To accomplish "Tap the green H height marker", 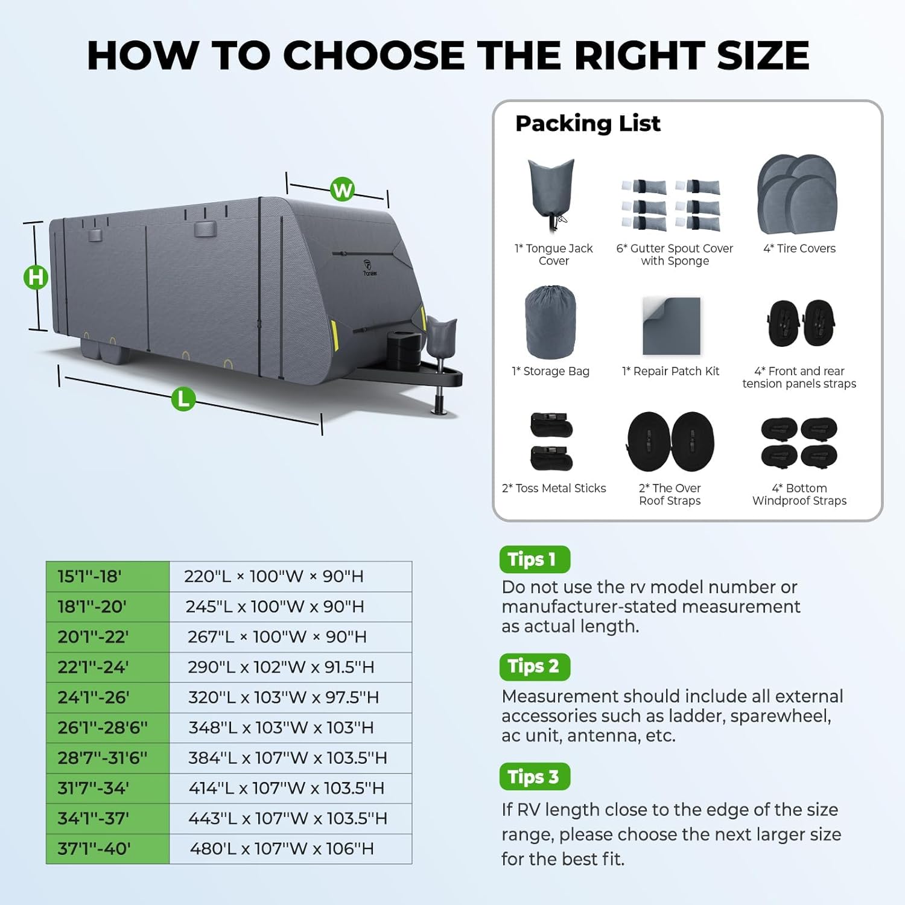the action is [x=36, y=277].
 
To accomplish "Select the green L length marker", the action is [x=183, y=399].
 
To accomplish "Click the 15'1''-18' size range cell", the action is [x=108, y=576].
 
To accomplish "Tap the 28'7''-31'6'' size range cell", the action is [x=108, y=758].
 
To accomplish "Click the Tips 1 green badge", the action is [x=535, y=559].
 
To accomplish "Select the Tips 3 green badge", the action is [x=535, y=776].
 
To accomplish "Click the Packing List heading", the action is [x=588, y=124].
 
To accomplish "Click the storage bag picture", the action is [x=550, y=322].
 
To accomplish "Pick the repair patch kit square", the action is [x=672, y=326].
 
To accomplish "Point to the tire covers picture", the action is [x=798, y=194].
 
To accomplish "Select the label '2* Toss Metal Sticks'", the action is [x=554, y=488].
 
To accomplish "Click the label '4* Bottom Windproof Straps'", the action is [x=799, y=494].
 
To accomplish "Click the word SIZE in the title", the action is [x=763, y=56].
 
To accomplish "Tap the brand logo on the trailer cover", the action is [x=369, y=267].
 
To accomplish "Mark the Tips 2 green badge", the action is [x=535, y=667].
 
